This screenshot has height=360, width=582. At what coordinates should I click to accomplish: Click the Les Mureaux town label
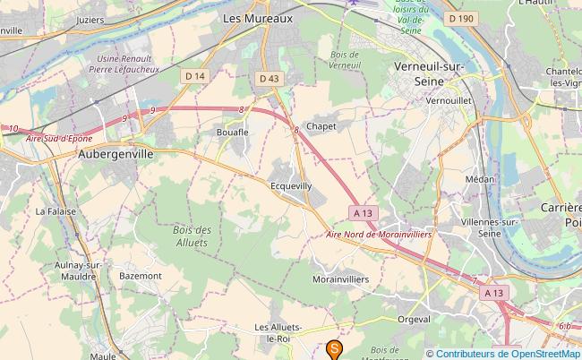point(257,17)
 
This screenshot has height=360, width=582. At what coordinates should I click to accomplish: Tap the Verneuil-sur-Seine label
point(432,73)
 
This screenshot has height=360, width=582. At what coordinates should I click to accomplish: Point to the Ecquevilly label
point(291,185)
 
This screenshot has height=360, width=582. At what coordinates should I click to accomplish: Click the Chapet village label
point(321,126)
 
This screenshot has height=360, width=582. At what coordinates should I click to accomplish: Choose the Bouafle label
point(232,132)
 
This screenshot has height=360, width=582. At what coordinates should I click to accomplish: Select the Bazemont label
point(141,276)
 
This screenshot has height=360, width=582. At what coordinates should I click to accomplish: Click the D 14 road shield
point(195,76)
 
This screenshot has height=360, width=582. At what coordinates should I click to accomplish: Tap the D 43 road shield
point(270,79)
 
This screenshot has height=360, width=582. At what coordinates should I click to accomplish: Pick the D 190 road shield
point(461,18)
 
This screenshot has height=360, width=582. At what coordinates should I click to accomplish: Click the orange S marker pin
point(335,349)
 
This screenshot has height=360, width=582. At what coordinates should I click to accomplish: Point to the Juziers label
point(90,18)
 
